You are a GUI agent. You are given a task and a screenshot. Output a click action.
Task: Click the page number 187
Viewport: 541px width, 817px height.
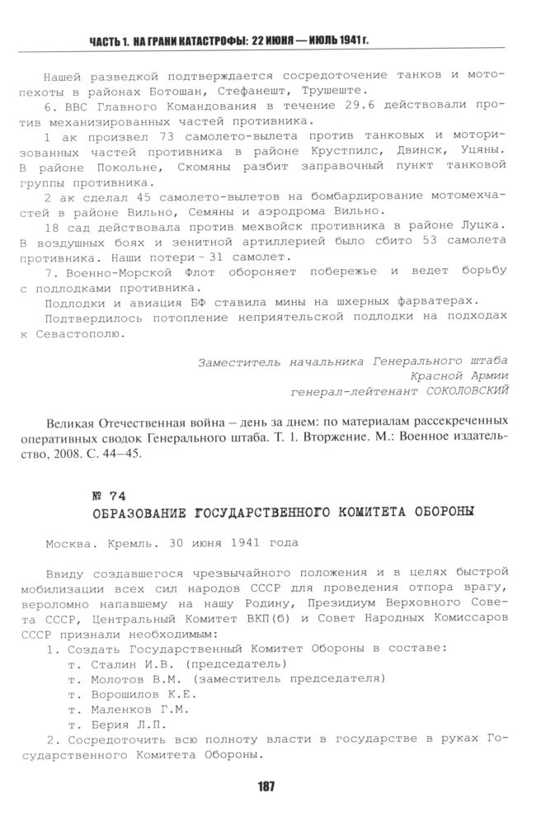(x=266, y=786)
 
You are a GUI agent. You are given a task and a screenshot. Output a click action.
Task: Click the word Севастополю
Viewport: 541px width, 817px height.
(x=81, y=334)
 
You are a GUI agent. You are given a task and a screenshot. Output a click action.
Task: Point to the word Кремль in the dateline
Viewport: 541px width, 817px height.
(x=123, y=544)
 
